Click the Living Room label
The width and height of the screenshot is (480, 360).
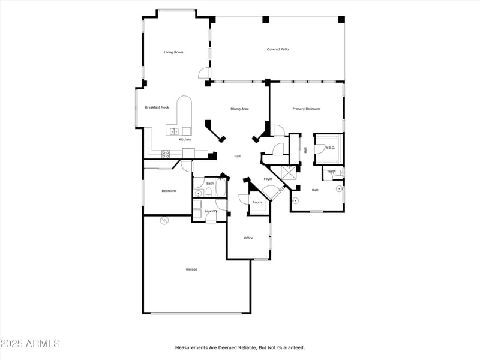pos(173,52)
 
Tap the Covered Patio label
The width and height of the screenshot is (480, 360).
pos(278,49)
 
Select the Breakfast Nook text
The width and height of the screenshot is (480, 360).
pos(157,107)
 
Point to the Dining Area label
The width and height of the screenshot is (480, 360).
pos(240,109)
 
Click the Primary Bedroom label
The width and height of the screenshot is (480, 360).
pos(306,109)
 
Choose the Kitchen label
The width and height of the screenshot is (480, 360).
pos(185,139)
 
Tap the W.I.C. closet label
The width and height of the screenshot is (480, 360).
pos(329,147)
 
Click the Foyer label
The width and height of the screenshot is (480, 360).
pos(268,179)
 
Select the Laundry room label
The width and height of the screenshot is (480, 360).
pos(211,211)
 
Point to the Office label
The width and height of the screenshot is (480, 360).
pos(248,238)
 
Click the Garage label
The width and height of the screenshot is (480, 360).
pos(191,269)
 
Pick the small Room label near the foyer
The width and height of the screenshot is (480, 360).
pos(257,202)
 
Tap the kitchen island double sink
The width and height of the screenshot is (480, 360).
pos(174,131)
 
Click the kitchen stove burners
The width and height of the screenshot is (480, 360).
pos(166,154)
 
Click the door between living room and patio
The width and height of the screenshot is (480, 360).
pos(205,74)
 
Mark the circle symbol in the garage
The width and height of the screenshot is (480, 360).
pos(164,221)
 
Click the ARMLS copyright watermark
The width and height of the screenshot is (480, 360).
pos(30,344)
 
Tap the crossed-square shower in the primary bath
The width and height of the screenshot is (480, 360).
pos(291,172)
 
